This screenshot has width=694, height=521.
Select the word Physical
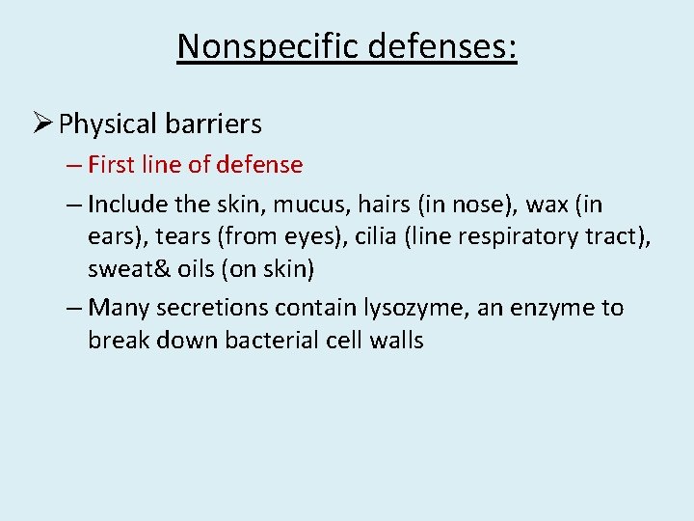[107, 124]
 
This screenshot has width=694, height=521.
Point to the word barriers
[213, 124]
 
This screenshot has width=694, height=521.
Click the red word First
[111, 165]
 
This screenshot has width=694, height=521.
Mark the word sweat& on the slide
[122, 268]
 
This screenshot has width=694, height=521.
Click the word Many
[116, 309]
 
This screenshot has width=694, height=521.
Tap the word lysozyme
[402, 309]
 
